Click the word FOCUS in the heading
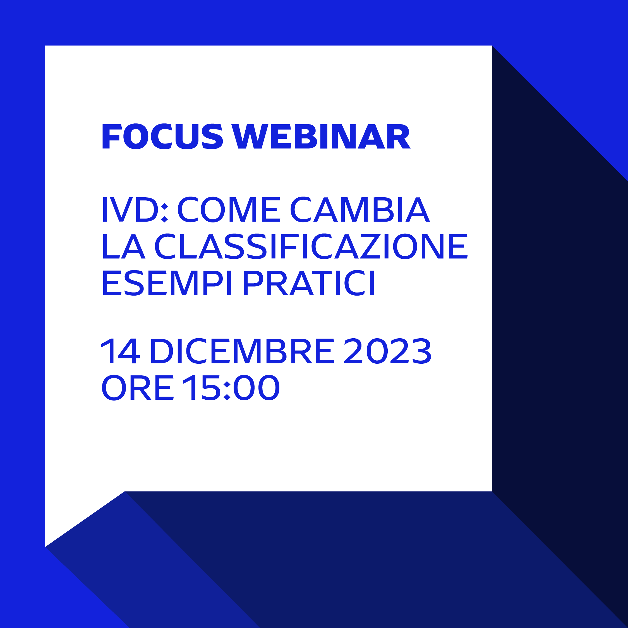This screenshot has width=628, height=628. point(162,136)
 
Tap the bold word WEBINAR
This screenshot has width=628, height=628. point(321,136)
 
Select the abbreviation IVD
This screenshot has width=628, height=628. point(130,209)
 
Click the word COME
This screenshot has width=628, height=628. point(229,209)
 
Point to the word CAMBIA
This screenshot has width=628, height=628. point(360,209)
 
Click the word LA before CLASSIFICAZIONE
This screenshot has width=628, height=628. point(124,246)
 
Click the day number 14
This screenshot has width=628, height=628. point(120,351)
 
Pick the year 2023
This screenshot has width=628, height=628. point(387,351)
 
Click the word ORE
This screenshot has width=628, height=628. point(138,387)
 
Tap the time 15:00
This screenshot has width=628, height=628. point(231,387)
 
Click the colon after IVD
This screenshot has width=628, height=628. point(164,213)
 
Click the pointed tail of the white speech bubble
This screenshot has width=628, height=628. point(46,546)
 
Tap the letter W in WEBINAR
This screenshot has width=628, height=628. point(250,136)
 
